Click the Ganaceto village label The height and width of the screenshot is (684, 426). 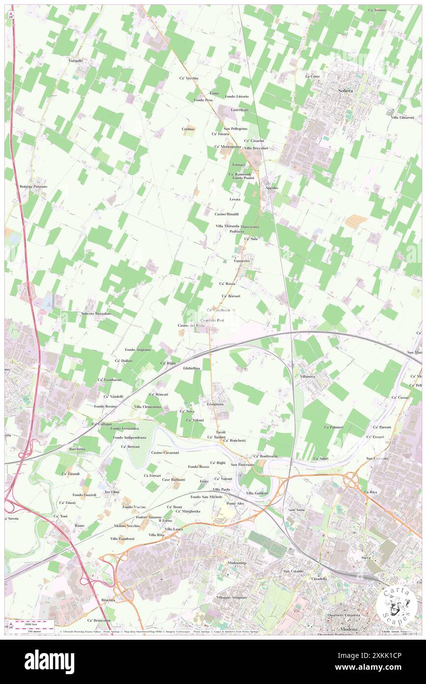pyautogui.click(x=242, y=260)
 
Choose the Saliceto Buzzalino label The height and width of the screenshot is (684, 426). pyautogui.click(x=96, y=313)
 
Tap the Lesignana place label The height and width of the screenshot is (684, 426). pyautogui.click(x=215, y=404)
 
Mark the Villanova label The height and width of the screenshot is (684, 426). pyautogui.click(x=307, y=376)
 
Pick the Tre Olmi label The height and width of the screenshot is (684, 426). pyautogui.click(x=112, y=492)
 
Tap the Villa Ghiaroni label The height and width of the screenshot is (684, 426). pyautogui.click(x=403, y=117)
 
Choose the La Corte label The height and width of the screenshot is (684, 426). pyautogui.click(x=312, y=76)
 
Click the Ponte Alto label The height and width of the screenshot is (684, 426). pyautogui.click(x=235, y=503)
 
